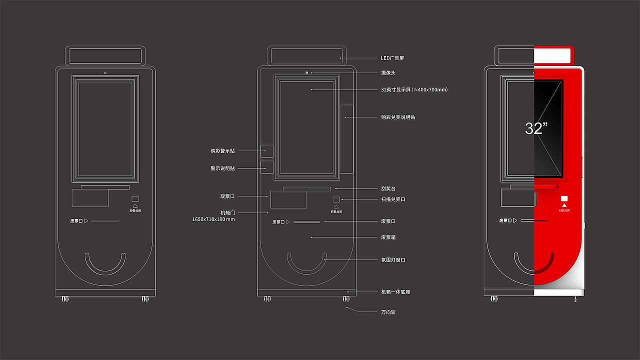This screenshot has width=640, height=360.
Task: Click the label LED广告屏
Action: tap(392, 58)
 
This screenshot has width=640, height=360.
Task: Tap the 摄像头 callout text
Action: tap(388, 72)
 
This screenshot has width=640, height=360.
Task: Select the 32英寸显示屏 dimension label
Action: tap(414, 89)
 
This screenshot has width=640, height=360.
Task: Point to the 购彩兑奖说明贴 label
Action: tap(397, 117)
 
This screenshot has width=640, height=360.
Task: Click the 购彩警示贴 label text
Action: tap(222, 150)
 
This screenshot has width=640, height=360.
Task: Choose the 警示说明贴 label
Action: tap(222, 168)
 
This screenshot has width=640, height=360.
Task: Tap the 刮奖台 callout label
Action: tap(388, 188)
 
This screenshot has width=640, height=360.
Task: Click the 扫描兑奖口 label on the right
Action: tap(393, 199)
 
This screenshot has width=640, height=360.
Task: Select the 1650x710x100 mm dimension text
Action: tap(213, 219)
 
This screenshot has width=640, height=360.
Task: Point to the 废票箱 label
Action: tap(388, 237)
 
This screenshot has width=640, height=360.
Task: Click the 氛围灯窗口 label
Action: tap(393, 259)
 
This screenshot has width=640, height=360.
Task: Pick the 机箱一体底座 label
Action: tap(395, 291)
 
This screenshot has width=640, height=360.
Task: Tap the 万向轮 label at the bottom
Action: tap(388, 312)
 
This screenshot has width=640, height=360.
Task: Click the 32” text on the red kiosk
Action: tap(536, 128)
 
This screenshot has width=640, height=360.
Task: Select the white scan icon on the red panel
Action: tap(564, 198)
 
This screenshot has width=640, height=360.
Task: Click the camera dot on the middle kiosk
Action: tap(306, 72)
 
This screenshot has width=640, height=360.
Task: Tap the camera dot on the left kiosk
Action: tap(105, 73)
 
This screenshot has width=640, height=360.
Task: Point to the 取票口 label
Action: tap(227, 196)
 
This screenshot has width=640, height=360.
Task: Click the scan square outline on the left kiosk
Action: tap(135, 198)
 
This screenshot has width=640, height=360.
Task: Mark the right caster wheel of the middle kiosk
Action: tap(346, 298)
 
